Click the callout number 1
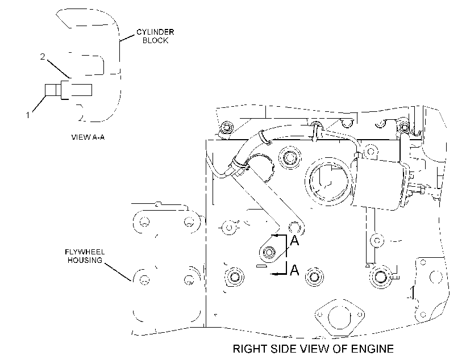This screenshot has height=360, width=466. point(28,115)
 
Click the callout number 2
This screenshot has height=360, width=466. point(43,56)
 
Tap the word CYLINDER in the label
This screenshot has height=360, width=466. point(155,32)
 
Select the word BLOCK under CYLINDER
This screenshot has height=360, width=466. point(155,40)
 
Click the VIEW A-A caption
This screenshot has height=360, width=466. point(88,137)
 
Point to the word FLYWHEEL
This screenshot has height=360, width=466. point(85,252)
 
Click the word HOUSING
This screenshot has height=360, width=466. point(85,260)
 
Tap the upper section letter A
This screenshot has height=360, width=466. point(294,240)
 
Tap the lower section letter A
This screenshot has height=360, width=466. point(294,270)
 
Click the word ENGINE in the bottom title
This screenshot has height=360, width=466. point(372,349)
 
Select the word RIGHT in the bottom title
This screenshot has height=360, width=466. point(249,349)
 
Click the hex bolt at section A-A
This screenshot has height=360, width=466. point(269,253)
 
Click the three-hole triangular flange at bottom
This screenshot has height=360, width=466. point(340,316)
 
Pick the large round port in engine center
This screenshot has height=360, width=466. point(328,181)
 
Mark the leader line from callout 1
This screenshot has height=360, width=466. point(40,104)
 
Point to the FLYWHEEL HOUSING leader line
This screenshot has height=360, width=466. point(118,271)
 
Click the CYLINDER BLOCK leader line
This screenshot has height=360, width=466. point(127,37)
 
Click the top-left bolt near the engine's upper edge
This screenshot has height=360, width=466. point(227,128)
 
